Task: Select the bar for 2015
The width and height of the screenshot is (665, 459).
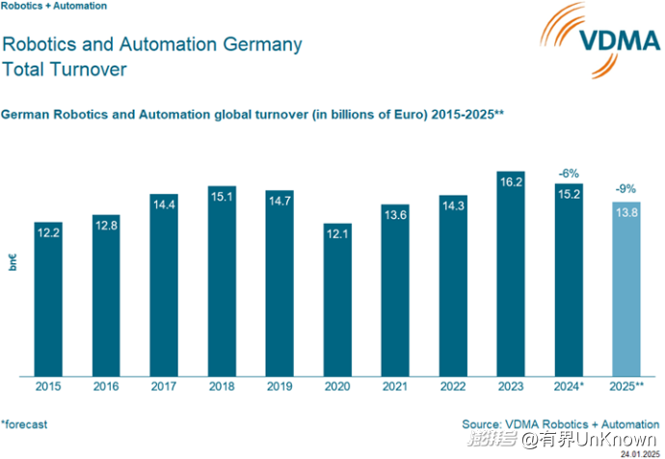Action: click(48, 299)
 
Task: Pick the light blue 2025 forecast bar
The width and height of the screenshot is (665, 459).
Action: click(625, 289)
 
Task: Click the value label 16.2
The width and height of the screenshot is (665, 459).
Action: click(510, 180)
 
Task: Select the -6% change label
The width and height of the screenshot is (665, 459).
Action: click(569, 174)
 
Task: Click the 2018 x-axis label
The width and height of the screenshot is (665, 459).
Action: click(222, 386)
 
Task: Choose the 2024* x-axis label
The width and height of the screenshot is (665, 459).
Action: click(569, 386)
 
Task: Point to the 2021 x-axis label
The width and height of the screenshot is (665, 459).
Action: click(395, 386)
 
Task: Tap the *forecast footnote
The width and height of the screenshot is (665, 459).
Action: click(24, 423)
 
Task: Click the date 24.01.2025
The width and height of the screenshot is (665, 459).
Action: click(639, 453)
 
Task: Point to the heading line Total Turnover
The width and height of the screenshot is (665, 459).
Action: click(65, 69)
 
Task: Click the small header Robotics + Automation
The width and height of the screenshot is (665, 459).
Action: click(54, 6)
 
